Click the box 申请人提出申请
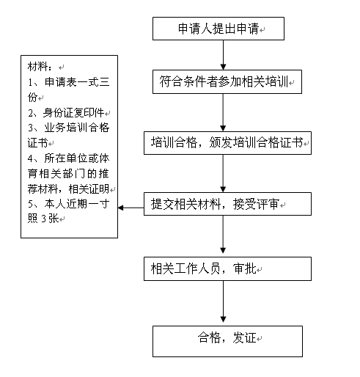pyautogui.click(x=218, y=29)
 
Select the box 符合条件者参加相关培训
pyautogui.click(x=227, y=81)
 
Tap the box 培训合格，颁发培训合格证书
pyautogui.click(x=227, y=143)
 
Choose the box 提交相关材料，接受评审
pyautogui.click(x=227, y=204)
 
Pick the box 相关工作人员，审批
pyautogui.click(x=227, y=268)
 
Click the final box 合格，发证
pyautogui.click(x=227, y=341)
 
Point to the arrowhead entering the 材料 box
pyautogui.click(x=120, y=208)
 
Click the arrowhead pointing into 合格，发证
pyautogui.click(x=223, y=319)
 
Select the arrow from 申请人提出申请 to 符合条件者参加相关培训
pyautogui.click(x=223, y=55)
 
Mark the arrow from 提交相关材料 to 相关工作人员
pyautogui.click(x=223, y=235)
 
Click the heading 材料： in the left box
pyautogui.click(x=40, y=67)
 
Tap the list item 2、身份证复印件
pyautogui.click(x=66, y=113)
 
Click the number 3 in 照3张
pyautogui.click(x=44, y=219)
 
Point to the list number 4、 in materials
pyautogui.click(x=34, y=158)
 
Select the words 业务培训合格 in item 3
pyautogui.click(x=77, y=128)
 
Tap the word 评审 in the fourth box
pyautogui.click(x=268, y=204)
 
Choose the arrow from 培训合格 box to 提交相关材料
pyautogui.click(x=223, y=174)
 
